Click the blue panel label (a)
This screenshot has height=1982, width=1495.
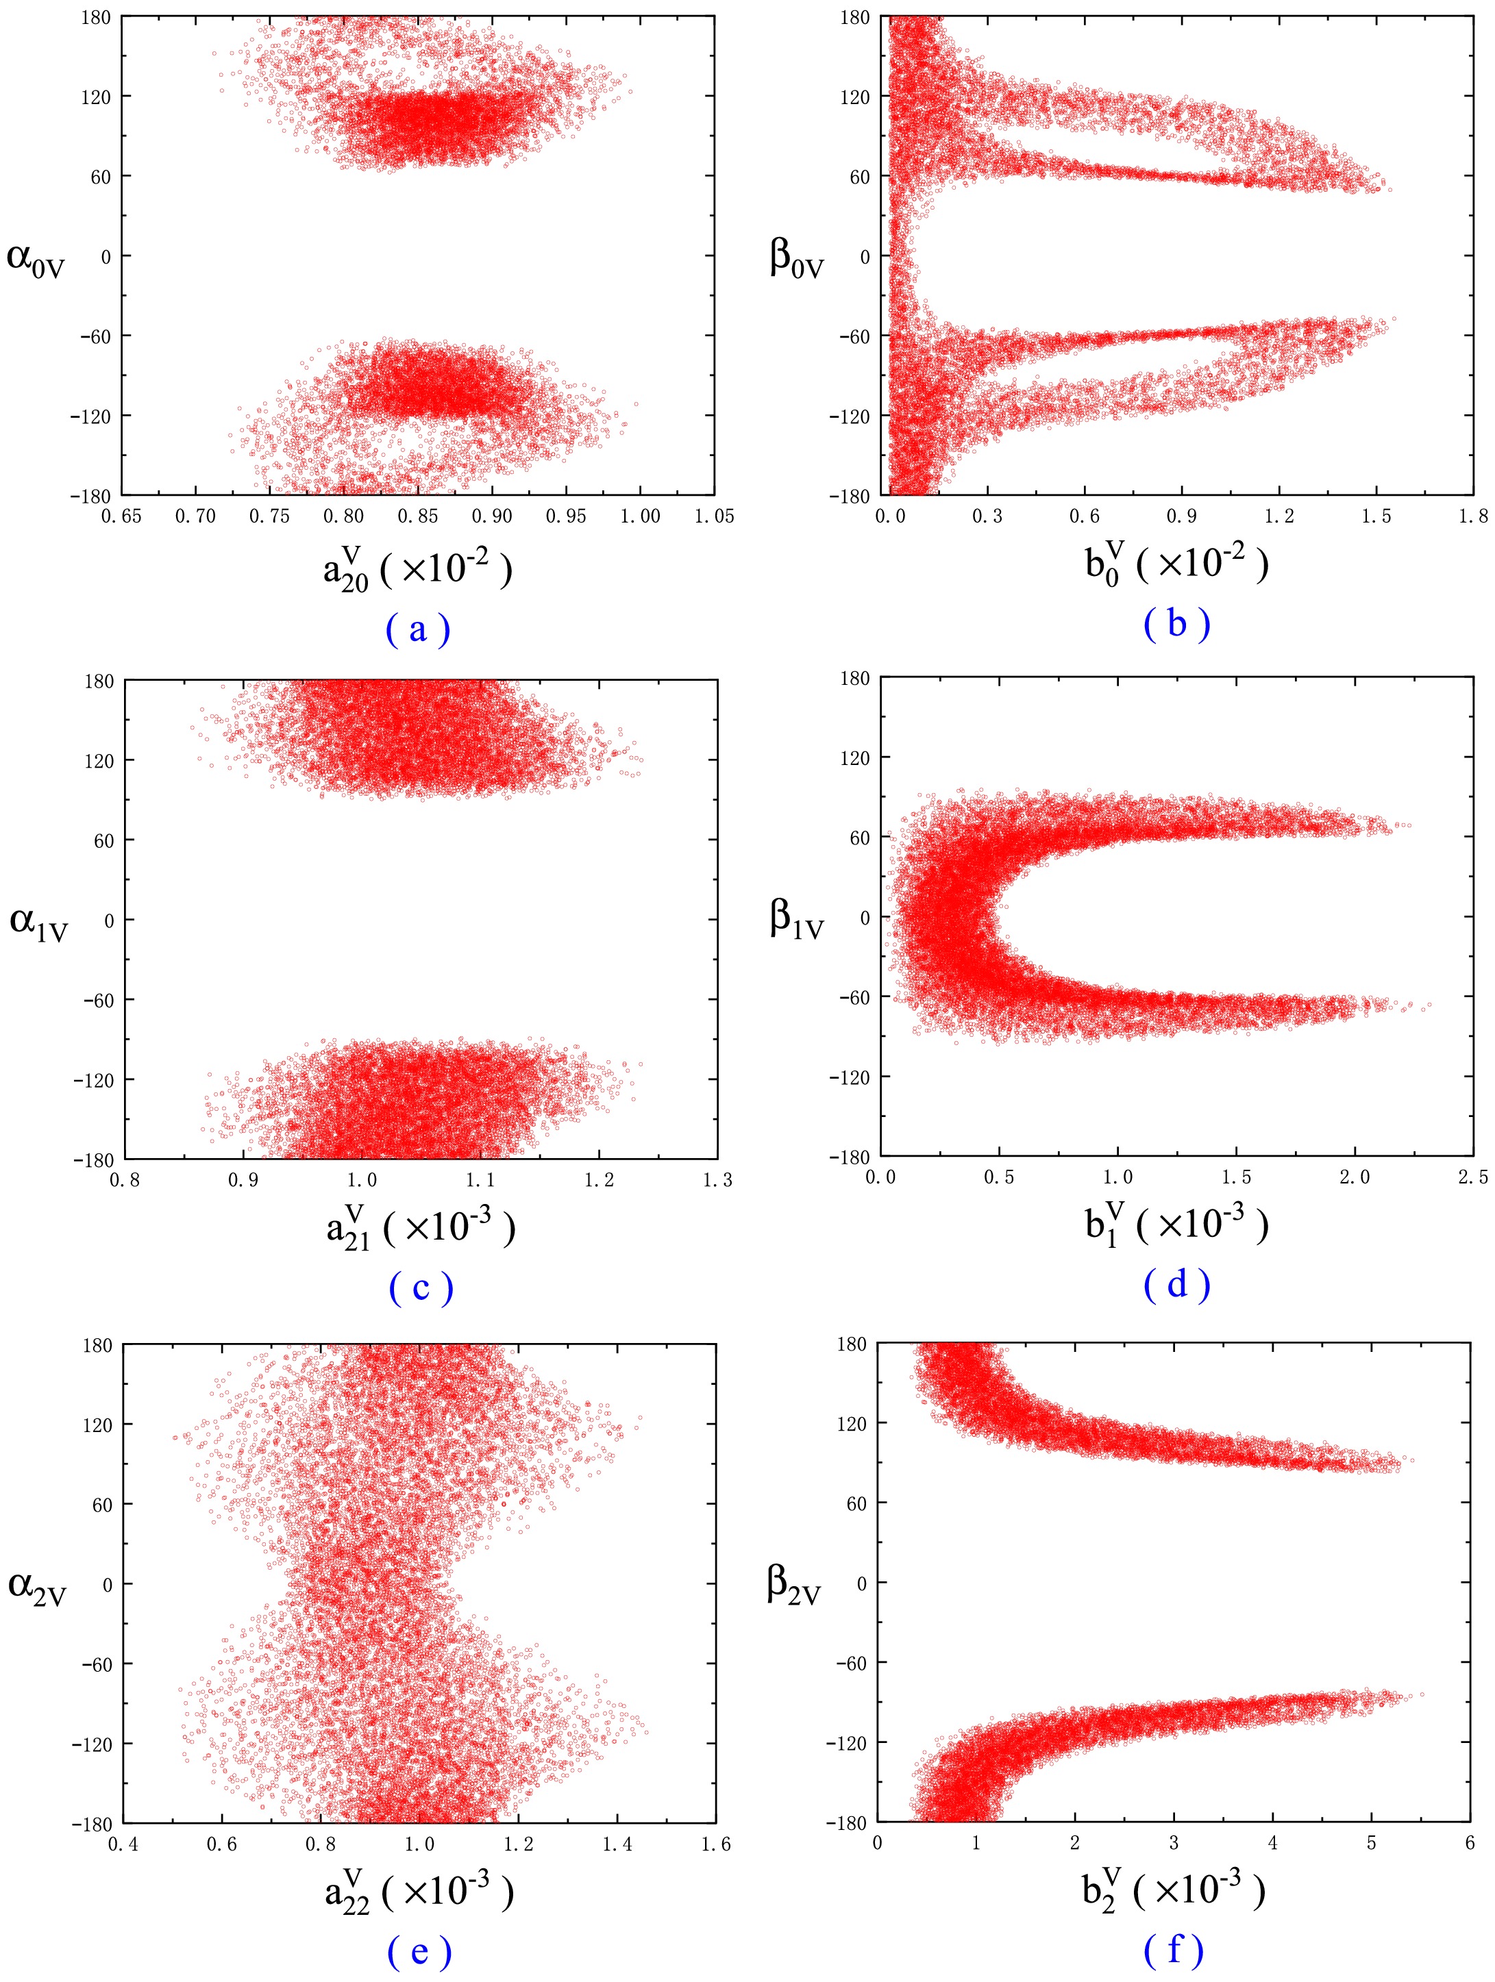418,629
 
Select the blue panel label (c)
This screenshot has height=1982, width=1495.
421,1288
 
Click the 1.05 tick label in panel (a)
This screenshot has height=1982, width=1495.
715,516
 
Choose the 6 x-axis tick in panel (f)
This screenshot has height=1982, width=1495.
1470,1842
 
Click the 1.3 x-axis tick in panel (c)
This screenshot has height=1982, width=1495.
717,1180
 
